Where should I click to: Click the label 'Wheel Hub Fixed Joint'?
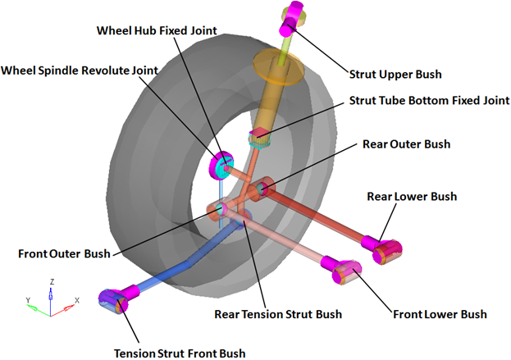coord(156,31)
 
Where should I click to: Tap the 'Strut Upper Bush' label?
coord(395,74)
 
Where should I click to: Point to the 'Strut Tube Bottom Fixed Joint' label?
coord(425,101)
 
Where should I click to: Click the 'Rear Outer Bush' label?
coord(406,144)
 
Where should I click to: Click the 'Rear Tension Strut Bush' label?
coord(277,313)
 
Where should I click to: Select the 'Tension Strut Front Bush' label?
coord(179,353)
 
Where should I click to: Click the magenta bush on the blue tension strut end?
coord(112,301)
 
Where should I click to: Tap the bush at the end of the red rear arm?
coord(379,246)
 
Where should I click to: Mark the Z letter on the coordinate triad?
coord(52,281)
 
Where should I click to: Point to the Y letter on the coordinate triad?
coord(28,300)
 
